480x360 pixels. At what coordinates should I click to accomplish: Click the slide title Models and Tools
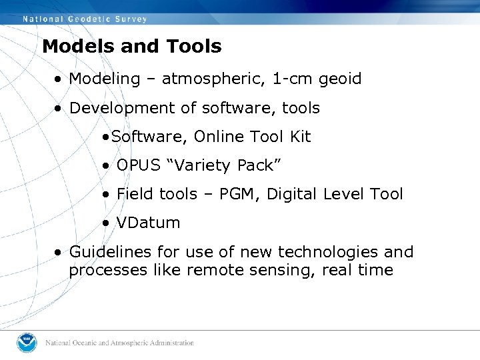[131, 47]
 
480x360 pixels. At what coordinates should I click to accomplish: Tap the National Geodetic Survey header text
[85, 19]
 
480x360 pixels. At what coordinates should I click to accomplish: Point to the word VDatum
[148, 223]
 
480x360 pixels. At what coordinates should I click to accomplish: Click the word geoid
[340, 79]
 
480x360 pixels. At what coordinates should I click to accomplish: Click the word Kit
[300, 137]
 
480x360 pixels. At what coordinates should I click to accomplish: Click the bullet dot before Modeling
[60, 79]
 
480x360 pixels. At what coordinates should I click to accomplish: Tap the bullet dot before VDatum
[107, 223]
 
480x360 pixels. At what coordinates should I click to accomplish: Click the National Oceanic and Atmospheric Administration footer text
[120, 343]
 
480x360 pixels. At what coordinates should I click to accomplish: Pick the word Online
[221, 137]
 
